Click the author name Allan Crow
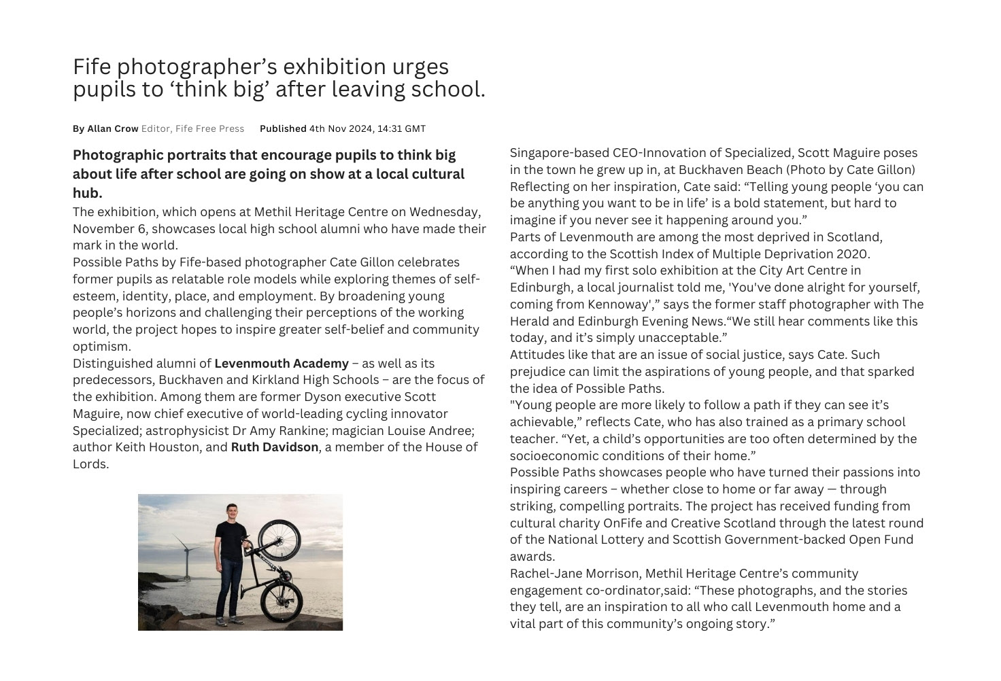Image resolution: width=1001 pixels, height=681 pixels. [x=113, y=128]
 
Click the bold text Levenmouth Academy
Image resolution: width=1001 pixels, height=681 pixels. [x=281, y=363]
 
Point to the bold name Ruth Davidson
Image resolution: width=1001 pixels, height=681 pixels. [x=274, y=447]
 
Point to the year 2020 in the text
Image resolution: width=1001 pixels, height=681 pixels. [x=853, y=254]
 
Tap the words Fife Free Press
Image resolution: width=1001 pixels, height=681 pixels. [x=209, y=128]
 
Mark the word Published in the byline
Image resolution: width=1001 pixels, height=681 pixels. [x=283, y=128]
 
